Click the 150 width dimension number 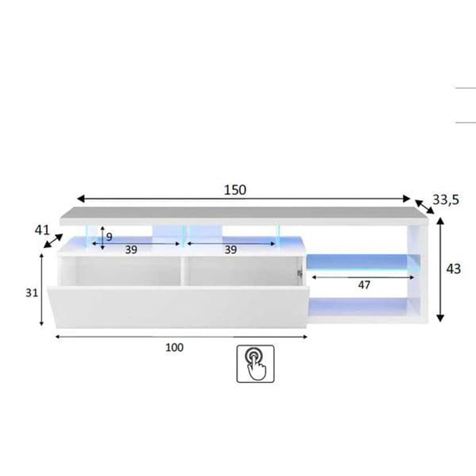pos(235,190)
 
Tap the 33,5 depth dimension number pos(446,199)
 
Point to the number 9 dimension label pos(109,237)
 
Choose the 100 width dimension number pos(175,347)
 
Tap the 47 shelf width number pos(364,285)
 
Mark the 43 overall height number pos(453,269)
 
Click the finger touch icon pos(255,364)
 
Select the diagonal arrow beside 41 pos(53,241)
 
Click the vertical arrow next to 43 pos(440,270)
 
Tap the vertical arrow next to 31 pos(42,289)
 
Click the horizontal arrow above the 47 pos(363,277)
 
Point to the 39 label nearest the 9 pos(131,250)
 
